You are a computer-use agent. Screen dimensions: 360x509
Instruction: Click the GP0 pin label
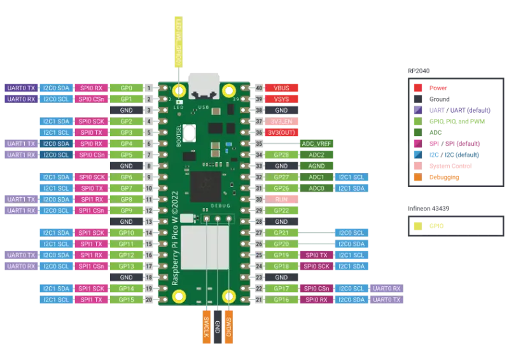(x=126, y=88)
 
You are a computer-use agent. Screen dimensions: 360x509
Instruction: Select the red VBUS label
(x=282, y=88)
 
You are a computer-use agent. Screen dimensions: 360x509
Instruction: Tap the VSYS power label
(x=282, y=99)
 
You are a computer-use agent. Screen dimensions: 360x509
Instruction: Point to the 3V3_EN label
(x=282, y=121)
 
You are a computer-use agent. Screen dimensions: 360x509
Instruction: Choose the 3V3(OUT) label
(x=282, y=132)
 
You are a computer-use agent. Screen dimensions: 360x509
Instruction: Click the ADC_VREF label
(x=317, y=144)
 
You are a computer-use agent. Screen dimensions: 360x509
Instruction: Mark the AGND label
(x=317, y=166)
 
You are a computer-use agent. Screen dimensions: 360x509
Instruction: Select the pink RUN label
(x=282, y=199)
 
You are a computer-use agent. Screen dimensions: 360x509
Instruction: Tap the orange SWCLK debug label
(x=207, y=328)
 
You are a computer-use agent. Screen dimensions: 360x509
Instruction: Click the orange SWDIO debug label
(x=228, y=328)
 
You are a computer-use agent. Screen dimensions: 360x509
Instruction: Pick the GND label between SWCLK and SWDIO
(x=218, y=328)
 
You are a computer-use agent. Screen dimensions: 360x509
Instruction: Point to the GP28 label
(x=282, y=155)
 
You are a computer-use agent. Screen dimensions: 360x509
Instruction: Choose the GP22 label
(x=282, y=211)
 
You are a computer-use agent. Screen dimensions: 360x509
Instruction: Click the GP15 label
(x=126, y=300)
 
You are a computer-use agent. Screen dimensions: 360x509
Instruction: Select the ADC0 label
(x=317, y=188)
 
